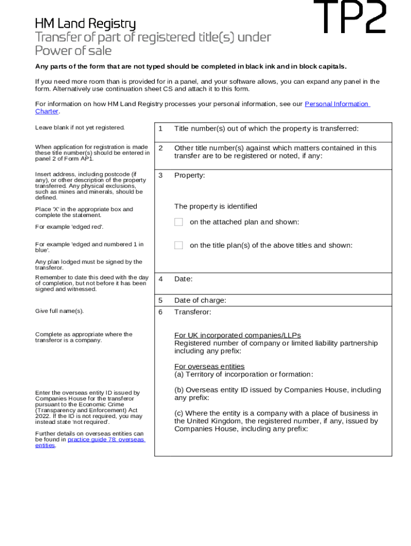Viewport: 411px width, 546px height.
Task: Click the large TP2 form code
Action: click(350, 17)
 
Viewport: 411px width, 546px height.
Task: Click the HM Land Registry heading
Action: click(85, 24)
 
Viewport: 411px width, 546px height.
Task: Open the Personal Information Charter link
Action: click(336, 104)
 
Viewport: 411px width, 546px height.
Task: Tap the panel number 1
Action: click(160, 129)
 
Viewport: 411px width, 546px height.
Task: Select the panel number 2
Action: click(160, 148)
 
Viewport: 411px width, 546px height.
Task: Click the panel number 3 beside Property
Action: click(160, 175)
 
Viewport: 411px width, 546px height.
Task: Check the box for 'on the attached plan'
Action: click(179, 222)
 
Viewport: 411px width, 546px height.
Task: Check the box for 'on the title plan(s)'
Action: click(179, 245)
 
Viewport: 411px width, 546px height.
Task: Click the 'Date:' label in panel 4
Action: click(183, 279)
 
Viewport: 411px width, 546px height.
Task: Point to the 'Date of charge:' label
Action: click(200, 300)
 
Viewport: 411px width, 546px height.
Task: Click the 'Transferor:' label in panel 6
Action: click(192, 312)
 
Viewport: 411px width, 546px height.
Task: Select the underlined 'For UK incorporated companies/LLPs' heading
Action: click(238, 335)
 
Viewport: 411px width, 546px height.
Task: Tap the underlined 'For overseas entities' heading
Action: click(209, 366)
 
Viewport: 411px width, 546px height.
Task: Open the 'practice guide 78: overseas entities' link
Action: click(106, 439)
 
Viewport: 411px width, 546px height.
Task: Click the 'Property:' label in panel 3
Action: click(189, 175)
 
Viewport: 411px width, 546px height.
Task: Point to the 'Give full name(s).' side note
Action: click(59, 311)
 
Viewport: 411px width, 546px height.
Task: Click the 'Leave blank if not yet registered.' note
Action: click(80, 127)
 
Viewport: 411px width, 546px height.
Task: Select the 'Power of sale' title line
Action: click(73, 51)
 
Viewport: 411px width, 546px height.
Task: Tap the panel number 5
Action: click(160, 300)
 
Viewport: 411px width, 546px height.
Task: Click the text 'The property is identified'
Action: click(215, 206)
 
